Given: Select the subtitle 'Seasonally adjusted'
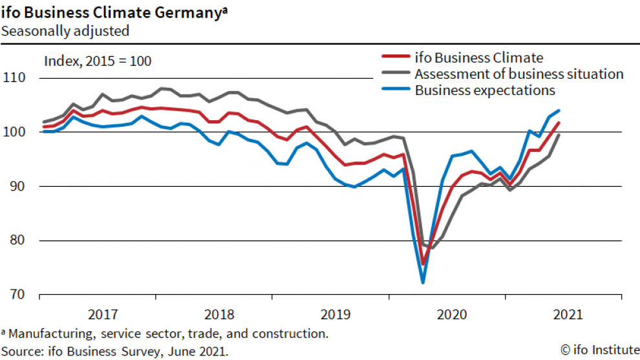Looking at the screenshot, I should [65, 30].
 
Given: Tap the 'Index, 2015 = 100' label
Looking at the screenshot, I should [98, 61].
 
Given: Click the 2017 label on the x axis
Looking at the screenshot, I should [103, 315].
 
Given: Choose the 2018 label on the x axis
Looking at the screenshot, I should [219, 315].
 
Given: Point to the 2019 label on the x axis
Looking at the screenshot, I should [336, 315].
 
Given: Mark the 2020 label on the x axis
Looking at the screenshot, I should [452, 315].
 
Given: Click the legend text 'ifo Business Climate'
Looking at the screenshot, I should [479, 58].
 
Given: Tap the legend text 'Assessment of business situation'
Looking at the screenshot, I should [519, 74].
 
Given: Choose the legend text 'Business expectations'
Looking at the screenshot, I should [485, 90].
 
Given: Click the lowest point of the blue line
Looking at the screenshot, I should [423, 282].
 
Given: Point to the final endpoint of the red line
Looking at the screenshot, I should [559, 123].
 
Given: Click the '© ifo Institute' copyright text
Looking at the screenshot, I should [599, 350].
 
